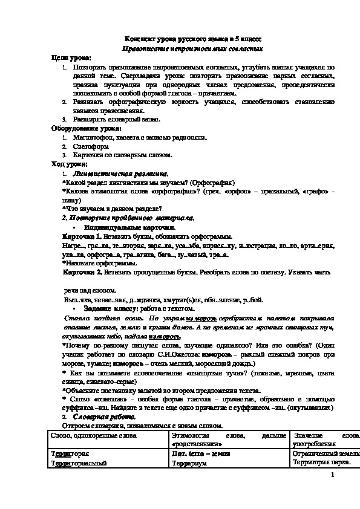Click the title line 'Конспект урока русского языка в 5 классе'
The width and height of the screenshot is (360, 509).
194,37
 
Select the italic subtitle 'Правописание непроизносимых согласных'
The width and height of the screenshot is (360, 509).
194,47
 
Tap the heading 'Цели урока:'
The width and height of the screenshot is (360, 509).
71,57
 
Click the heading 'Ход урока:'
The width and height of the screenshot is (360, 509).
69,164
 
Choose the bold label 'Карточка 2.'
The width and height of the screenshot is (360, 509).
83,273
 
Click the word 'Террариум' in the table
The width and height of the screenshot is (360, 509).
189,462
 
